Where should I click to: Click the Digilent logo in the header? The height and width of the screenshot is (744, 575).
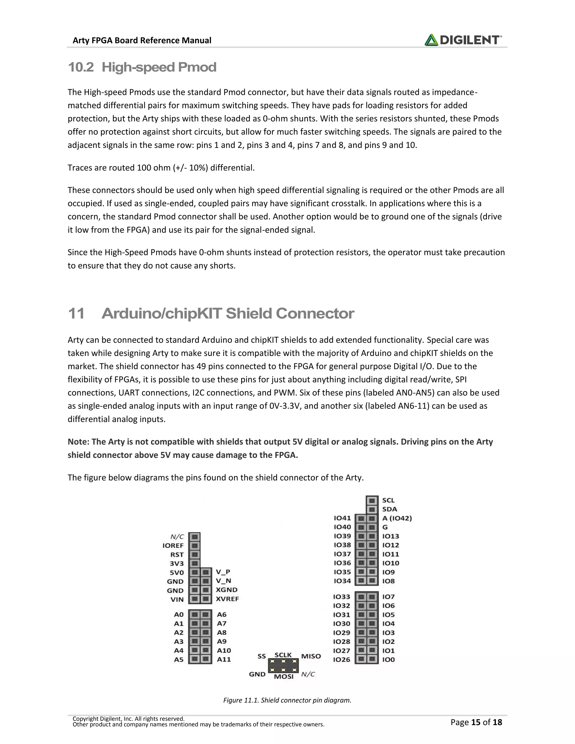(x=463, y=40)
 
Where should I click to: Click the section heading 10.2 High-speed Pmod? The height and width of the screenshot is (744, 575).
(x=142, y=67)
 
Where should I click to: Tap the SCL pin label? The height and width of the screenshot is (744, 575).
(x=388, y=500)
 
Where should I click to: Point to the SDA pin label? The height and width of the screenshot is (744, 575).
(x=389, y=509)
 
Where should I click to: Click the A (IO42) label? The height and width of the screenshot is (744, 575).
(x=397, y=518)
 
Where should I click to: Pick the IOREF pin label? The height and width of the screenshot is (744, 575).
(x=173, y=546)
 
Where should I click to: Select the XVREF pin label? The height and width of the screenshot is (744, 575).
(x=227, y=599)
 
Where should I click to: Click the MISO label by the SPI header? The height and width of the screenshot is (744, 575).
(x=311, y=656)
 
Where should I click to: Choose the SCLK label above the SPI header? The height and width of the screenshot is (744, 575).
(x=283, y=655)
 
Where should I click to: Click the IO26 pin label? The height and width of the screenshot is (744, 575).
(x=342, y=659)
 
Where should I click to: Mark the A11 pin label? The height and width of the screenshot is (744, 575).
(x=224, y=659)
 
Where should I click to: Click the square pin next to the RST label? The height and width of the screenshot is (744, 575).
(x=194, y=554)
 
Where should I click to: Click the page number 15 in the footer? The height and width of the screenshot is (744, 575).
(x=476, y=722)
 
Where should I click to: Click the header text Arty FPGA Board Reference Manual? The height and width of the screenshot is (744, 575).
(x=142, y=40)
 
